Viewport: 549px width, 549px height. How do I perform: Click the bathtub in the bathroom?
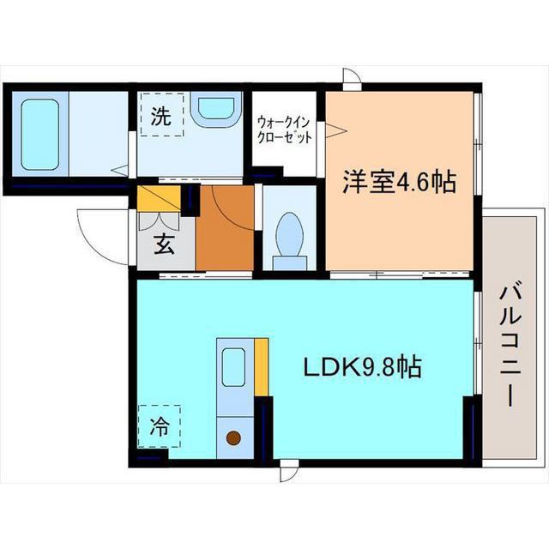39,135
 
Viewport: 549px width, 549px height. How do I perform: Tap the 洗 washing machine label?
161,116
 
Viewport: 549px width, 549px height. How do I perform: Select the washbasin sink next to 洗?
216,110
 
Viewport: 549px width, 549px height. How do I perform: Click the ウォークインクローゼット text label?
284,130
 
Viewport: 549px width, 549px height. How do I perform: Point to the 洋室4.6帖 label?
399,182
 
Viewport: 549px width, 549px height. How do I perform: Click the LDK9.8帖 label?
362,366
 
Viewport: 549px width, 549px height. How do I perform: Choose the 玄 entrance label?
164,244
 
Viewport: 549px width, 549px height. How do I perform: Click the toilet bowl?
289,233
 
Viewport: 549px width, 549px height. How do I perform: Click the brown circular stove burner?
233,437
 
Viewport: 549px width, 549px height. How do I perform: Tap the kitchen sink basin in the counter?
233,367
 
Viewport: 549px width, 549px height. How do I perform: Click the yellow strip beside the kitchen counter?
261,367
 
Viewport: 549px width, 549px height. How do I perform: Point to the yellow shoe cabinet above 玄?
159,198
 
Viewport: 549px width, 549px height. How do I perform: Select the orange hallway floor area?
225,228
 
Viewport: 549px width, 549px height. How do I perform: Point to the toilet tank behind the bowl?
290,262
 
